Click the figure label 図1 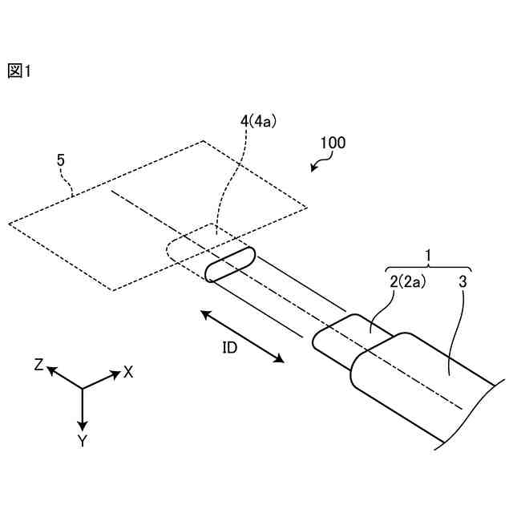pos(18,71)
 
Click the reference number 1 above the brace pos(428,255)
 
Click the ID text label pos(230,348)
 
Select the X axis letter pos(127,373)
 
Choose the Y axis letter pos(82,440)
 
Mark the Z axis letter pos(38,365)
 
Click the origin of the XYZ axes pos(82,390)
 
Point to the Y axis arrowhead pos(82,423)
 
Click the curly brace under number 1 pos(428,267)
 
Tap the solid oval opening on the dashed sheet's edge pos(231,265)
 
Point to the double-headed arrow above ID pos(242,337)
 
